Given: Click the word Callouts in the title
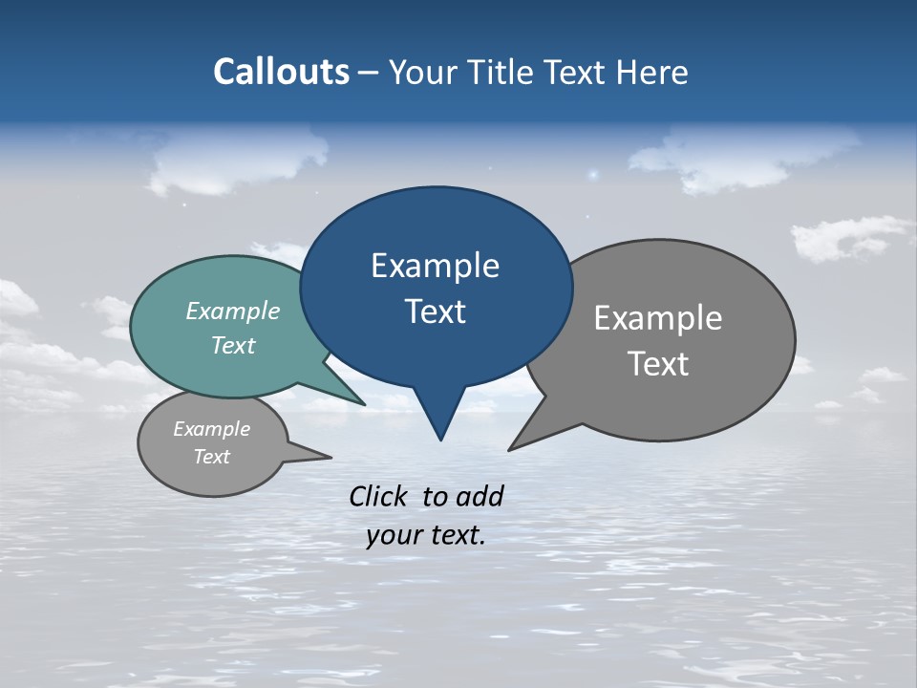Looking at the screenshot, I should click(x=281, y=72).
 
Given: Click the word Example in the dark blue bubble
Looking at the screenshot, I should click(x=435, y=266).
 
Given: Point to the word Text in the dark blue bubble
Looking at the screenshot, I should click(x=435, y=312).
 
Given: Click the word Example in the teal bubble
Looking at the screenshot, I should click(x=233, y=311).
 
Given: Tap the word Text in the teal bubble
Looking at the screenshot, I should click(x=233, y=345).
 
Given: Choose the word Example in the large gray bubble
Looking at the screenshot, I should click(x=658, y=318).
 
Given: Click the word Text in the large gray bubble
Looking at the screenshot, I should click(x=658, y=364).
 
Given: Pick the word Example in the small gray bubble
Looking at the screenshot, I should click(x=211, y=429).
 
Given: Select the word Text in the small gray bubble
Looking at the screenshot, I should click(x=211, y=457).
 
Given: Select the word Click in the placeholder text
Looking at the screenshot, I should click(x=378, y=496).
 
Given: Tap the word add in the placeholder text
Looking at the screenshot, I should click(x=480, y=496).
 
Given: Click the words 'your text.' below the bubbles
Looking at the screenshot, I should click(x=425, y=535).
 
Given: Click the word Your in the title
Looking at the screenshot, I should click(x=421, y=72).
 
